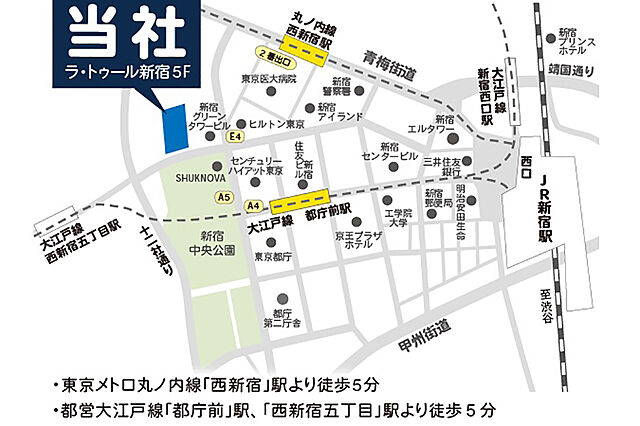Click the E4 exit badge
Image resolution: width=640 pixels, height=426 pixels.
236,136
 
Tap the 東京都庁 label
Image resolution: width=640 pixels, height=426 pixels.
272,256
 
